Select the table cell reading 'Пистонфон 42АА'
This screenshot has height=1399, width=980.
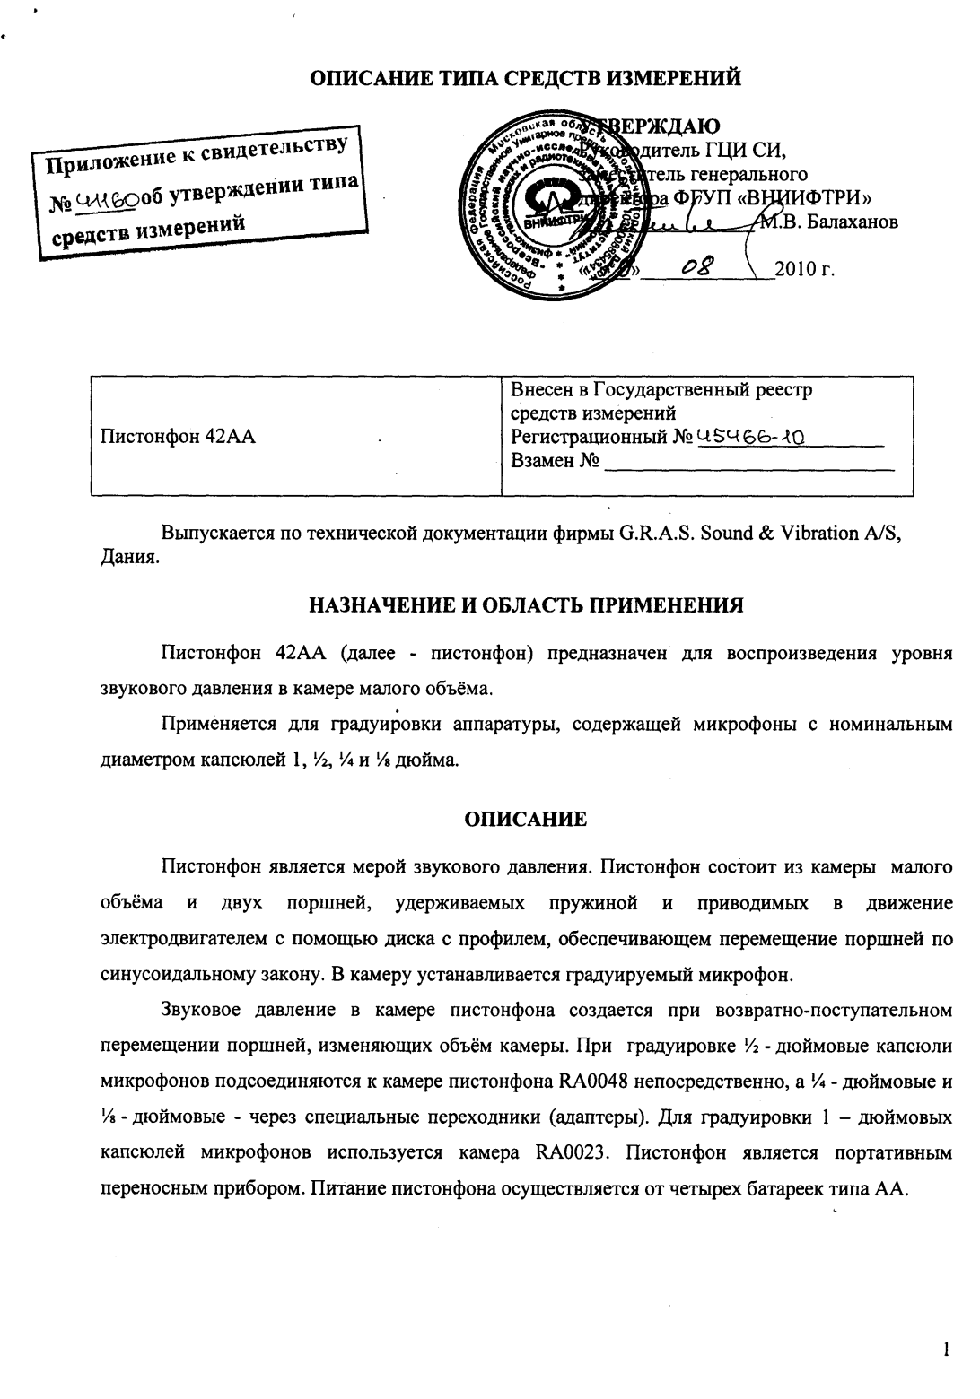(x=179, y=438)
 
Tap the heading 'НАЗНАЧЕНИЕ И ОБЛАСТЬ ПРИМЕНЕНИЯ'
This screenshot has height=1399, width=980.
(x=525, y=604)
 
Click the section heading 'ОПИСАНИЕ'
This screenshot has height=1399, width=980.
(x=525, y=818)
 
